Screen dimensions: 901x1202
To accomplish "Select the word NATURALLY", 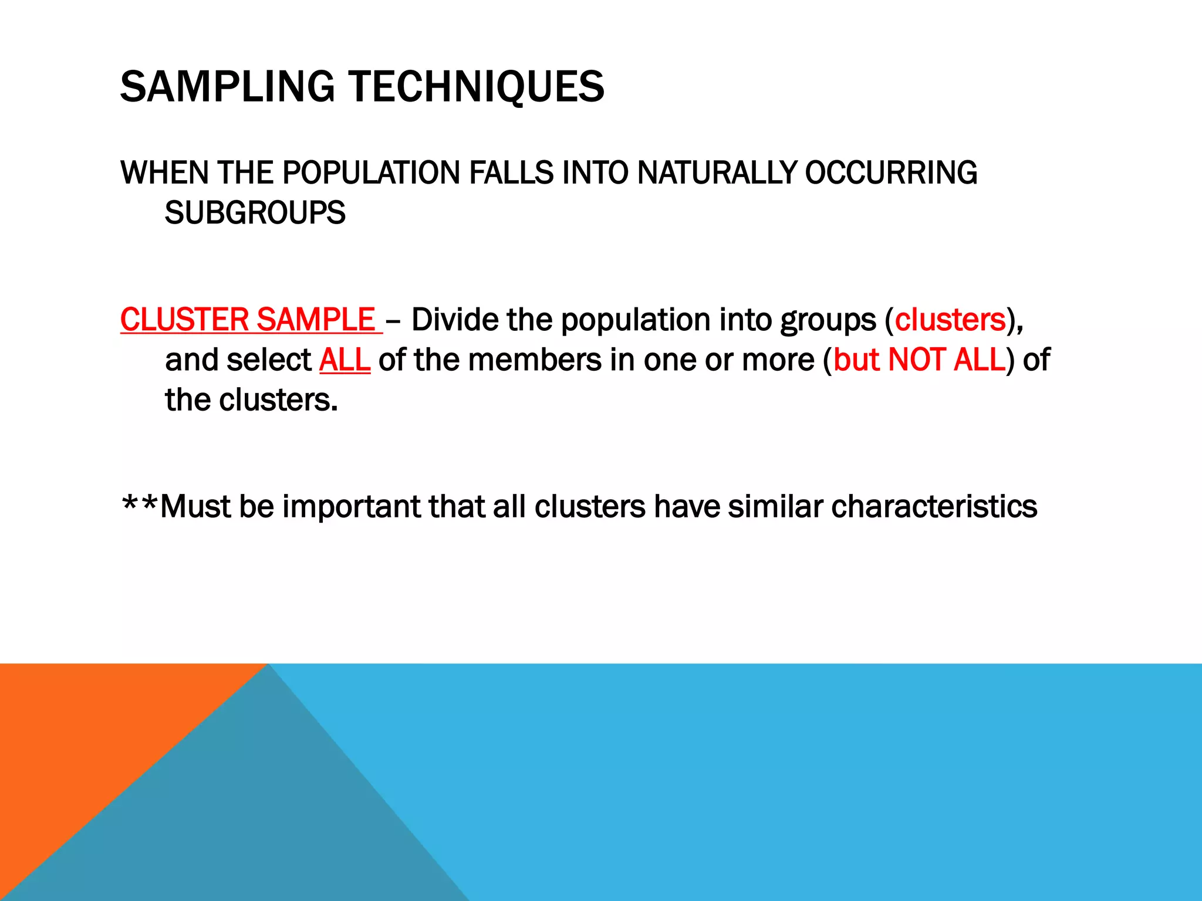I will [x=717, y=173].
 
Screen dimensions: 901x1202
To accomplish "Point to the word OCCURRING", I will [x=890, y=173].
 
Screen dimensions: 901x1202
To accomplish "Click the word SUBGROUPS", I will [x=255, y=213].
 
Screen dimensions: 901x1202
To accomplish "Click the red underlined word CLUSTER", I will [x=184, y=320].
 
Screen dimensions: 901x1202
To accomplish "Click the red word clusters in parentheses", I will [x=950, y=320].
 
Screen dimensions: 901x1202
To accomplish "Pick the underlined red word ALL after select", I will [x=345, y=360].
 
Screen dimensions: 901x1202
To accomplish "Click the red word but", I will [x=856, y=360].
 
